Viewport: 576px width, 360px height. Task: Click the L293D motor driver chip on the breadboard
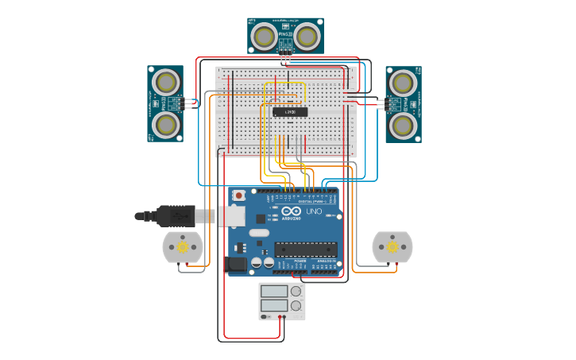click(x=290, y=112)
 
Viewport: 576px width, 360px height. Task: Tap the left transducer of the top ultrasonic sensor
click(x=265, y=36)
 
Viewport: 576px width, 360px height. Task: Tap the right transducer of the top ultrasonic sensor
click(x=306, y=36)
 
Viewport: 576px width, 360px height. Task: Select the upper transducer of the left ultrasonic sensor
click(x=165, y=82)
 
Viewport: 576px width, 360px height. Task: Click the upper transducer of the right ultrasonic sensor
click(x=403, y=83)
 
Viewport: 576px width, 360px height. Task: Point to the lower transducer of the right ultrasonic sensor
click(x=403, y=124)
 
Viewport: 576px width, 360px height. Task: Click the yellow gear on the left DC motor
click(x=183, y=247)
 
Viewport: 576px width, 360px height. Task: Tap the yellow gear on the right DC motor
click(x=392, y=247)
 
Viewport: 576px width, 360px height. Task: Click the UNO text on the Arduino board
click(x=314, y=212)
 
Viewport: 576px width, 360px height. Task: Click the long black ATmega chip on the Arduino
click(x=306, y=250)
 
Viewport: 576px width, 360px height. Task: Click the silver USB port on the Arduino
click(x=232, y=215)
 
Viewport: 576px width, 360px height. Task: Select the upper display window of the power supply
click(x=274, y=292)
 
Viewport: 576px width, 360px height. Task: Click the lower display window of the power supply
click(x=274, y=305)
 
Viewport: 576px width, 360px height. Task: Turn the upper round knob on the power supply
click(x=296, y=292)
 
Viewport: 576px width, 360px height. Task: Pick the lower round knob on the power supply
click(x=296, y=305)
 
